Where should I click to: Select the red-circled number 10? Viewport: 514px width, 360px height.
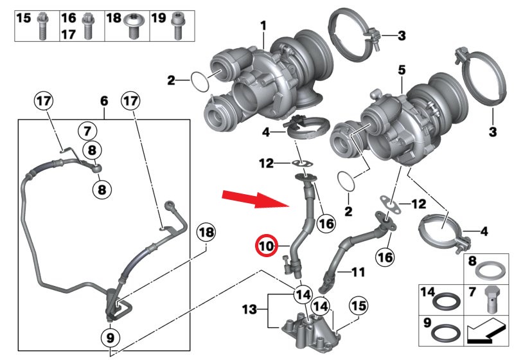pos(266,245)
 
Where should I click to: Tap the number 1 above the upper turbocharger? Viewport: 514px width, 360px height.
pos(263,26)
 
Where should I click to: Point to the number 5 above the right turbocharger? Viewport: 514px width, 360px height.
pos(401,67)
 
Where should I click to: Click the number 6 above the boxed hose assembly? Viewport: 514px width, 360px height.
pos(104,102)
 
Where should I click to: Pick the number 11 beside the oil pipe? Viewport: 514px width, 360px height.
pos(358,272)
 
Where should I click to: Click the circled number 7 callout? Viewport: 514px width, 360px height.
pos(87,131)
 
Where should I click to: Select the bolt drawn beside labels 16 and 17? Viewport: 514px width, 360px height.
pos(88,24)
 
